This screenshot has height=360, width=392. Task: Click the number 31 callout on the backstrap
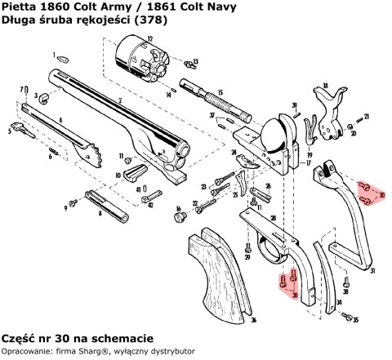tap(372, 270)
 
